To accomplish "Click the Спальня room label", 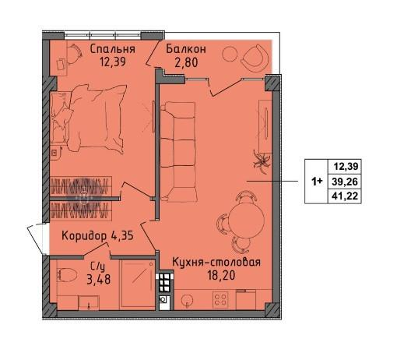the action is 112,49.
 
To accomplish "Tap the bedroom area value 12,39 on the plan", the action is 113,62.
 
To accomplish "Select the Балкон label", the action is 186,49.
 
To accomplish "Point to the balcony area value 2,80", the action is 186,62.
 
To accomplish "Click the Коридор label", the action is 84,236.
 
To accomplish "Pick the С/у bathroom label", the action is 98,267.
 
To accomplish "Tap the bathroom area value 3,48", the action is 98,280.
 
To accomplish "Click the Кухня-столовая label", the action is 216,262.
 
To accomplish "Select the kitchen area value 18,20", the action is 221,275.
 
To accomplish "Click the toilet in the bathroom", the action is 67,275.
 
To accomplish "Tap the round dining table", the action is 246,220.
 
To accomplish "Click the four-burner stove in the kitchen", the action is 220,300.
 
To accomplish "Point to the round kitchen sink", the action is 188,300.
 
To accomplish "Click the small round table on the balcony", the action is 230,54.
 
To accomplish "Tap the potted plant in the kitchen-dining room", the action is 262,162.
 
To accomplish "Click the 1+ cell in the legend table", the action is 316,182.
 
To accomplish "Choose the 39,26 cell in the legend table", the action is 345,182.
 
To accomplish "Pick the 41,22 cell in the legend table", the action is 345,196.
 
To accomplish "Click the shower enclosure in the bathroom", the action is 137,284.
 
